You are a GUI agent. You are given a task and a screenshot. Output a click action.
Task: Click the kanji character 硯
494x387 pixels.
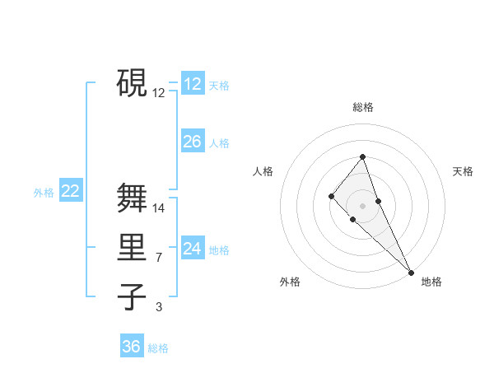[132, 82]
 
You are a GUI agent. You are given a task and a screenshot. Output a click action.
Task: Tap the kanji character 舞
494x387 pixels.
[132, 198]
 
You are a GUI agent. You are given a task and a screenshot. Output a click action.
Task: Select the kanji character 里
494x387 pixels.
[132, 248]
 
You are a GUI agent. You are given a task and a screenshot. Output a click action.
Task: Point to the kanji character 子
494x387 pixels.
[132, 296]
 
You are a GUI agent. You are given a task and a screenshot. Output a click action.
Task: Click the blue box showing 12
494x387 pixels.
[193, 84]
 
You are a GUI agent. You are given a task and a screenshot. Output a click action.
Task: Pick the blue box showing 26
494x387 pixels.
[193, 142]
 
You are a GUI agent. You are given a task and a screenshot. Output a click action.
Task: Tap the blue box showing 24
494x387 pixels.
[193, 249]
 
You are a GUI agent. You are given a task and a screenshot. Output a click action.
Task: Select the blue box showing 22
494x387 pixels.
[71, 191]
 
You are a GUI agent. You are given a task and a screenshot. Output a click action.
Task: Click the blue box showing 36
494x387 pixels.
[132, 347]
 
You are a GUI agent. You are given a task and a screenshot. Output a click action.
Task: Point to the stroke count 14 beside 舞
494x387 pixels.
[160, 208]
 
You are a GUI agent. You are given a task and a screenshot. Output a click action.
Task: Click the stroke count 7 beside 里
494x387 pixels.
[159, 259]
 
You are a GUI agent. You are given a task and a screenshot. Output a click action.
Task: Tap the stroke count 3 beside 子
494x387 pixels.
[159, 307]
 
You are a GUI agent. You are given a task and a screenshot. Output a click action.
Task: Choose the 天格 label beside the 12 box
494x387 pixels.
[219, 86]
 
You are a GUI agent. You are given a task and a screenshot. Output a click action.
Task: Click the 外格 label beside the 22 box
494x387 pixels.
[44, 193]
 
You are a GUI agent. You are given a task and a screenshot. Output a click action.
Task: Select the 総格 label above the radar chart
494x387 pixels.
[363, 107]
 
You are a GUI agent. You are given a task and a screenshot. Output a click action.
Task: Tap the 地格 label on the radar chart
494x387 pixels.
[431, 282]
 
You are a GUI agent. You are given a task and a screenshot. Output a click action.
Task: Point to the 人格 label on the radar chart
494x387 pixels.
[263, 171]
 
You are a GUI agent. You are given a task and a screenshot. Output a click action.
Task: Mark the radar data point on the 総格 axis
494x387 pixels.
[362, 156]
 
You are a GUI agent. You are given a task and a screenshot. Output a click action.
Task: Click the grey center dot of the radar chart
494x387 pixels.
[362, 206]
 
